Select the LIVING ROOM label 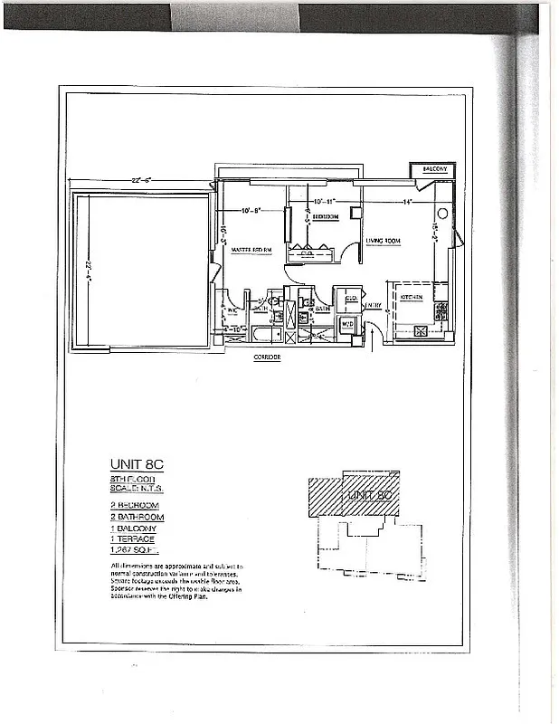382,241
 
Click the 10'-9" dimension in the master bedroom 252,211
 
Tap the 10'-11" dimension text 324,200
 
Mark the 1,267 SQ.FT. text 134,550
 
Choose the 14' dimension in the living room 407,200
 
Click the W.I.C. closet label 232,310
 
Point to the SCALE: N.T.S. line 137,488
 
